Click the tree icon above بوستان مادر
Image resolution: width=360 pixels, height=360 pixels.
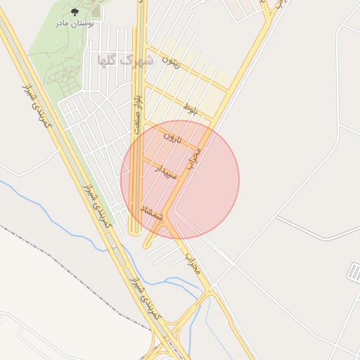pos(75,11)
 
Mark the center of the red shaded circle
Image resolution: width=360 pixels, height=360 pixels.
pos(180,180)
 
